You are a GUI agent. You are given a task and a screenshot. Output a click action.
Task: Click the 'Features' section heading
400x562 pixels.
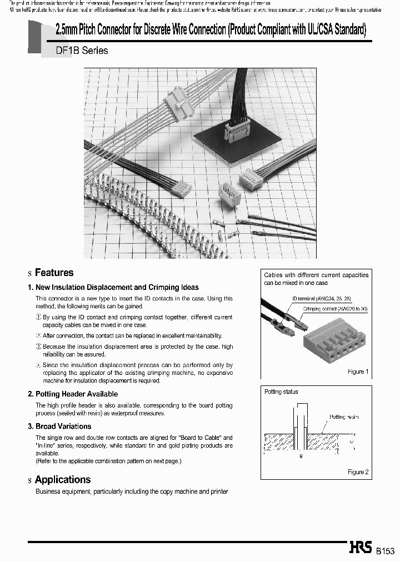tap(54, 273)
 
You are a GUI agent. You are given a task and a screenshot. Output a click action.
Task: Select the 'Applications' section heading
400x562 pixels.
tap(62, 480)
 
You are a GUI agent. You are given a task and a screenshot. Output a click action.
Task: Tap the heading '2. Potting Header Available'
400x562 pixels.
tap(73, 394)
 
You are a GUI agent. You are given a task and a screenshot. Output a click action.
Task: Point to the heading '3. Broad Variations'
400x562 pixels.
tap(59, 426)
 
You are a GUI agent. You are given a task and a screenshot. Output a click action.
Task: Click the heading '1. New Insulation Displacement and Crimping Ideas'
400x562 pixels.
tap(113, 288)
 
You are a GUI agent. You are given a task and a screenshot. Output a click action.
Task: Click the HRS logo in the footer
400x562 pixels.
tap(360, 548)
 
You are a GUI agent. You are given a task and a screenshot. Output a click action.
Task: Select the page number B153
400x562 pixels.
tap(385, 551)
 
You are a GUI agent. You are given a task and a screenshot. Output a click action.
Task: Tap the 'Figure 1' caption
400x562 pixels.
tap(356, 372)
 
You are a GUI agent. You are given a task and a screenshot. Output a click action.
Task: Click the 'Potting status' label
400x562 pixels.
tap(281, 392)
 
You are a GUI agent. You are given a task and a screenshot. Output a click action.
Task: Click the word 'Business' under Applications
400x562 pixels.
tap(48, 492)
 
